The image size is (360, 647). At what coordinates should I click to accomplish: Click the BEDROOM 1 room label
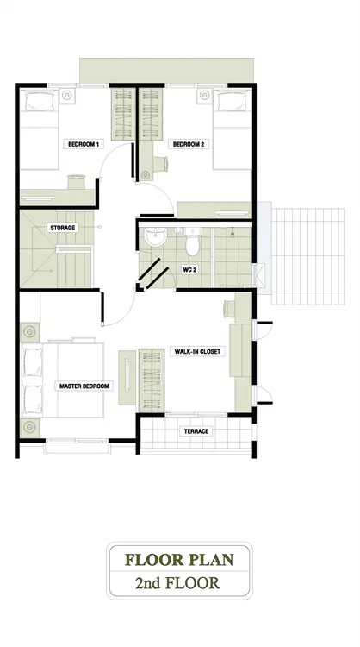click(x=84, y=144)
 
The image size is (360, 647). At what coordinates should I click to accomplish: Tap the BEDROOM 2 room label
click(x=189, y=144)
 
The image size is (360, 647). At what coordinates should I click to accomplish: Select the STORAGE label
click(x=63, y=228)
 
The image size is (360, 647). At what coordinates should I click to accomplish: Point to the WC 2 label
click(x=189, y=270)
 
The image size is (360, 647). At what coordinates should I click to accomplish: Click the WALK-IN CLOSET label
click(x=197, y=352)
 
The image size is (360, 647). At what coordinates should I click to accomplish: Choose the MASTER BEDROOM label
click(x=84, y=386)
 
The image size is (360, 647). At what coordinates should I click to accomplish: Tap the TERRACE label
click(x=196, y=431)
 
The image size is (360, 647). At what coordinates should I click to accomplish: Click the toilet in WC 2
click(x=192, y=242)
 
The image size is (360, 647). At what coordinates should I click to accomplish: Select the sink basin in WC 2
click(x=155, y=237)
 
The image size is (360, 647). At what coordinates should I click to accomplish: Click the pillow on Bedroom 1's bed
click(x=40, y=102)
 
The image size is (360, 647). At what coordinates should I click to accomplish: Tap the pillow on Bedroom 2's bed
click(x=233, y=102)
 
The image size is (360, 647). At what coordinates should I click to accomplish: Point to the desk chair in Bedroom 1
click(x=76, y=181)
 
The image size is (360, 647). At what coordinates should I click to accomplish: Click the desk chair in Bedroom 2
click(x=161, y=163)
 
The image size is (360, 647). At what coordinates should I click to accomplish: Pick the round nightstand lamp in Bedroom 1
click(x=66, y=95)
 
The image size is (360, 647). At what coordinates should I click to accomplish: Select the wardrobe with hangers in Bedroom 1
click(x=123, y=114)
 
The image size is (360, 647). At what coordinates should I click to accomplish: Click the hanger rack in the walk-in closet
click(x=152, y=380)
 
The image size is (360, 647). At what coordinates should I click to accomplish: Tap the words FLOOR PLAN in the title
click(x=180, y=560)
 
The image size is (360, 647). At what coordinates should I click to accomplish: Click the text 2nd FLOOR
click(x=177, y=583)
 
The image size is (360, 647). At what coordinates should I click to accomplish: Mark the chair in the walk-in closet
click(x=228, y=309)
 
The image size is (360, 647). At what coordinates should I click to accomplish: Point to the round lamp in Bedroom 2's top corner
click(x=205, y=95)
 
